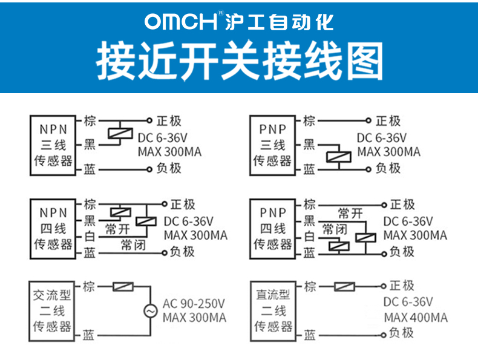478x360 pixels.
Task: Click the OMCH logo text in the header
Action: pos(181,22)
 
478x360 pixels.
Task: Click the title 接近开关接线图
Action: pos(240,61)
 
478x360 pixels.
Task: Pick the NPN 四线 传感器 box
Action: pos(53,228)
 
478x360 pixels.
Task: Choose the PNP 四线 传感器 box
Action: pos(272,228)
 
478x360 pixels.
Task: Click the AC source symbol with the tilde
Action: pos(149,310)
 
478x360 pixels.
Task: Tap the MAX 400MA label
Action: pos(415,318)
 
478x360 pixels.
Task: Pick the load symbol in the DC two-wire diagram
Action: pos(344,286)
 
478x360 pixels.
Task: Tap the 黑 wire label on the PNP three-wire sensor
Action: pos(309,145)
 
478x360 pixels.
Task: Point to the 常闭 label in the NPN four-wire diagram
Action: pos(133,244)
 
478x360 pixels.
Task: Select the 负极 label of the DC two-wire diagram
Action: pos(401,333)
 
